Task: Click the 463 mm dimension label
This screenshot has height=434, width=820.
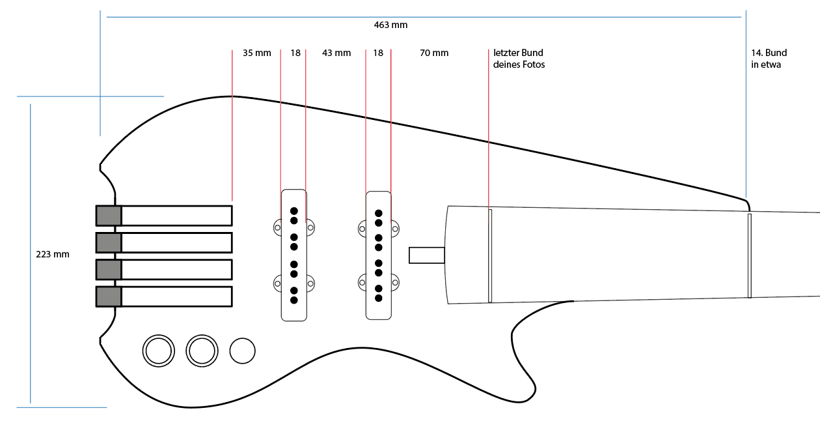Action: [390, 25]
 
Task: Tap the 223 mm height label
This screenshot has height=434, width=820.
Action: [52, 254]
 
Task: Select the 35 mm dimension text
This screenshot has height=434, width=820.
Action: [256, 53]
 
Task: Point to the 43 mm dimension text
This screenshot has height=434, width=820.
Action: [336, 53]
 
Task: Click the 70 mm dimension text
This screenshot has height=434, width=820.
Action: [434, 53]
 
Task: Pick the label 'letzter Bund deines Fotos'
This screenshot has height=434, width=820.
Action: [519, 59]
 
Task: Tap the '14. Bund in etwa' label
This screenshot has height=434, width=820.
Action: [769, 59]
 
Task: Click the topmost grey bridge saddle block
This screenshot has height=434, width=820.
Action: [109, 216]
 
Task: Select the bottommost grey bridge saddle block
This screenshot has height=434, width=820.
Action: [109, 297]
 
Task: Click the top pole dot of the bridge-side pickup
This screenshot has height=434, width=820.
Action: [294, 210]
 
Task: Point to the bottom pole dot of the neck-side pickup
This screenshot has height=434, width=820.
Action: [379, 298]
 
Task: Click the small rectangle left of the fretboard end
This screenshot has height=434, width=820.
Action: [427, 255]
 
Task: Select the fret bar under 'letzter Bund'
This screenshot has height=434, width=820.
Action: [490, 256]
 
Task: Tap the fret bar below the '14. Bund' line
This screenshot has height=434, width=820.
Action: [750, 256]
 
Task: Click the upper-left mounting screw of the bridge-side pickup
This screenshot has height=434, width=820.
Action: [277, 227]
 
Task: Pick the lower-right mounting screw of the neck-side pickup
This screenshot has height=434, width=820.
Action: [395, 283]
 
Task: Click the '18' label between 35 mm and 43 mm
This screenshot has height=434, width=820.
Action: [295, 53]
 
